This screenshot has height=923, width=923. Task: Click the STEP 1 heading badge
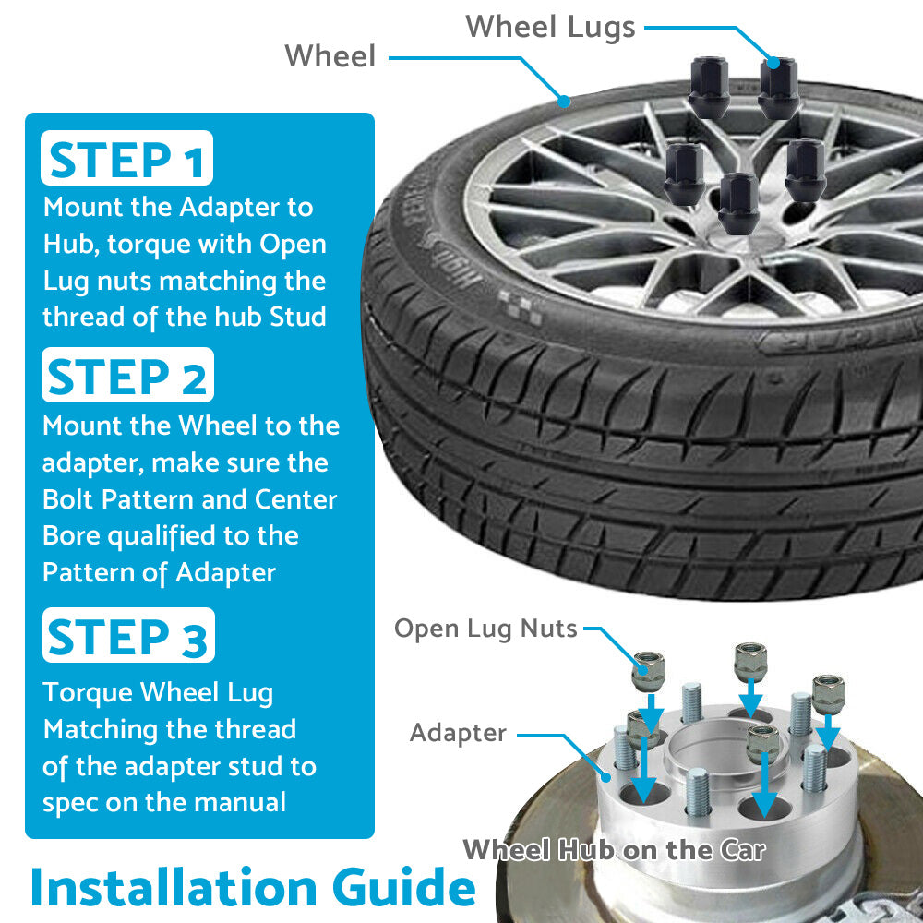pyautogui.click(x=126, y=158)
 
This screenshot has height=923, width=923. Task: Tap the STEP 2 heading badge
pyautogui.click(x=127, y=375)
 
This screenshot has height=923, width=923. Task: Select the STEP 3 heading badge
pyautogui.click(x=128, y=635)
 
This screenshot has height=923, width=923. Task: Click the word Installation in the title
pyautogui.click(x=174, y=887)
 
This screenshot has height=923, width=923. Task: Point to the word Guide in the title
pyautogui.click(x=404, y=887)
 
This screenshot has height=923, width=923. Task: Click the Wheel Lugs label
pyautogui.click(x=550, y=27)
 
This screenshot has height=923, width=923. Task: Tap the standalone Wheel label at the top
pyautogui.click(x=330, y=56)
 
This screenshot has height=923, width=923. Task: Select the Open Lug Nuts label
pyautogui.click(x=485, y=629)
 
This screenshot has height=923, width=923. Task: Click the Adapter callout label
pyautogui.click(x=458, y=734)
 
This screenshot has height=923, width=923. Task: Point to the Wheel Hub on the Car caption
pyautogui.click(x=615, y=850)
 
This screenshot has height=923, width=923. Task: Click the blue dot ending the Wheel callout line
pyautogui.click(x=565, y=102)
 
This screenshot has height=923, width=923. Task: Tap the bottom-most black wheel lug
pyautogui.click(x=738, y=204)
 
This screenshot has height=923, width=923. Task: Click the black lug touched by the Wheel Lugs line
pyautogui.click(x=778, y=89)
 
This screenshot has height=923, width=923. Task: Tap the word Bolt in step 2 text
pyautogui.click(x=67, y=499)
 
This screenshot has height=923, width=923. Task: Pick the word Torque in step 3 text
pyautogui.click(x=88, y=693)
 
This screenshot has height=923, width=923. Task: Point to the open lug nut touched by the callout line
pyautogui.click(x=648, y=672)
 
